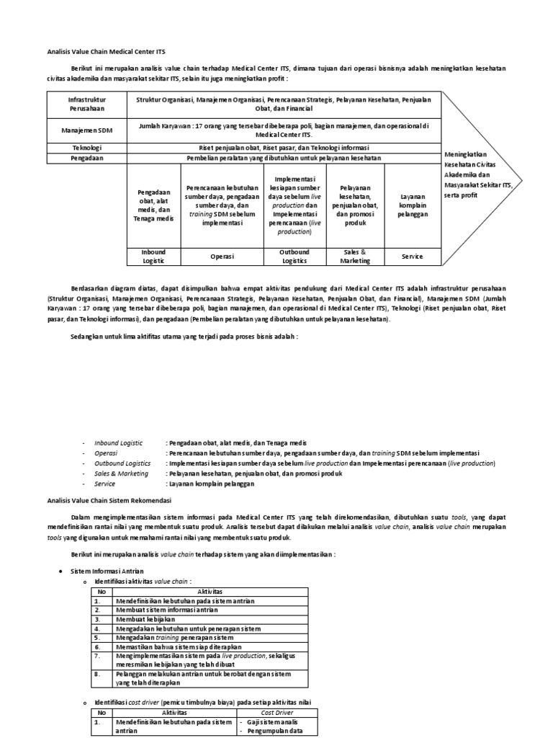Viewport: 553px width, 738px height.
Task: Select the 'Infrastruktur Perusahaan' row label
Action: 86,103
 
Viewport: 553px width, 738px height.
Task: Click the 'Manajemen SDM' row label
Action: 86,130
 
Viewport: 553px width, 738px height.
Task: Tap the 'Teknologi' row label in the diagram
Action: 86,148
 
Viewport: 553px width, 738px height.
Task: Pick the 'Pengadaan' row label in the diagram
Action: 86,159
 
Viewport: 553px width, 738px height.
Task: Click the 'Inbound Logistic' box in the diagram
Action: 153,257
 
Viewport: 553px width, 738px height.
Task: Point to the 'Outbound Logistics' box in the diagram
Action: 294,257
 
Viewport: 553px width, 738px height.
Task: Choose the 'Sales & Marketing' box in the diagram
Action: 355,257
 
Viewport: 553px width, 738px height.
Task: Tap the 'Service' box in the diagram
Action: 413,257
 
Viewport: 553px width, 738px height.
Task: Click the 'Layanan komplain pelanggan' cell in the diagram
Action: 413,205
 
